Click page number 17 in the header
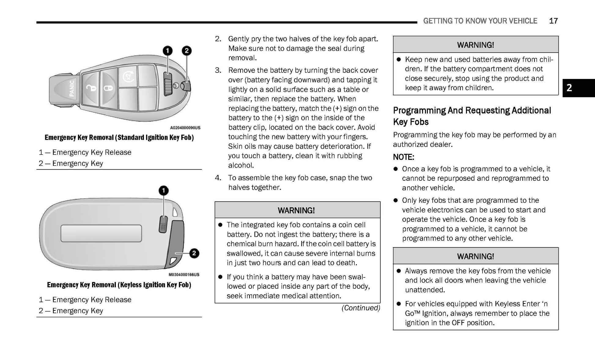click(x=553, y=21)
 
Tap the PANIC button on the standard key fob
click(x=72, y=88)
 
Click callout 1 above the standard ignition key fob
click(x=167, y=51)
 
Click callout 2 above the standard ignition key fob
click(x=187, y=51)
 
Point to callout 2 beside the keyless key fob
click(x=194, y=253)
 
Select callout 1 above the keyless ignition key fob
click(x=164, y=191)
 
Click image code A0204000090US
click(x=185, y=128)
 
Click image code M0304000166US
click(x=184, y=274)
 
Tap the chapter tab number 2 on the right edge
click(x=569, y=88)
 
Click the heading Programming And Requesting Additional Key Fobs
click(x=472, y=116)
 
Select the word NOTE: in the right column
click(x=403, y=157)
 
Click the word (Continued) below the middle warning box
click(x=361, y=308)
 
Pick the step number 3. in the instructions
click(x=218, y=70)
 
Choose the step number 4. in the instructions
click(x=218, y=178)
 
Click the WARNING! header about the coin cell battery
click(x=296, y=210)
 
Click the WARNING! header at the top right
click(x=475, y=45)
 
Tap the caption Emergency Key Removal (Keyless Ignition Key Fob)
click(x=119, y=285)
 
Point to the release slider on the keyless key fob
click(x=163, y=224)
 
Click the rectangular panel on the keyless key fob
click(x=101, y=233)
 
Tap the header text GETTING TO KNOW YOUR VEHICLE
click(x=480, y=21)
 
